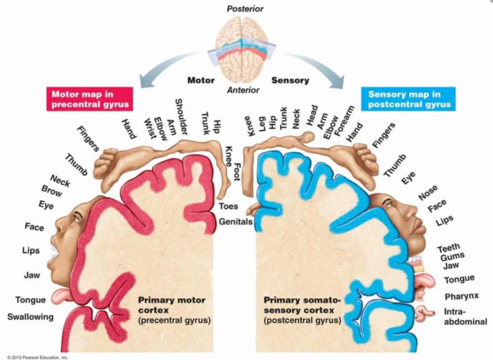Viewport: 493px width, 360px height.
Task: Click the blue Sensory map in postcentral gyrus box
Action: [410, 98]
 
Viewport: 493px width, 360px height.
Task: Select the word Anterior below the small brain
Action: [243, 90]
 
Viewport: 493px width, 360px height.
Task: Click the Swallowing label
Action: [30, 316]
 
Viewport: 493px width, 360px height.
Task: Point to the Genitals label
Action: [235, 222]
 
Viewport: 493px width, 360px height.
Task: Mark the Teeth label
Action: [449, 248]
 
